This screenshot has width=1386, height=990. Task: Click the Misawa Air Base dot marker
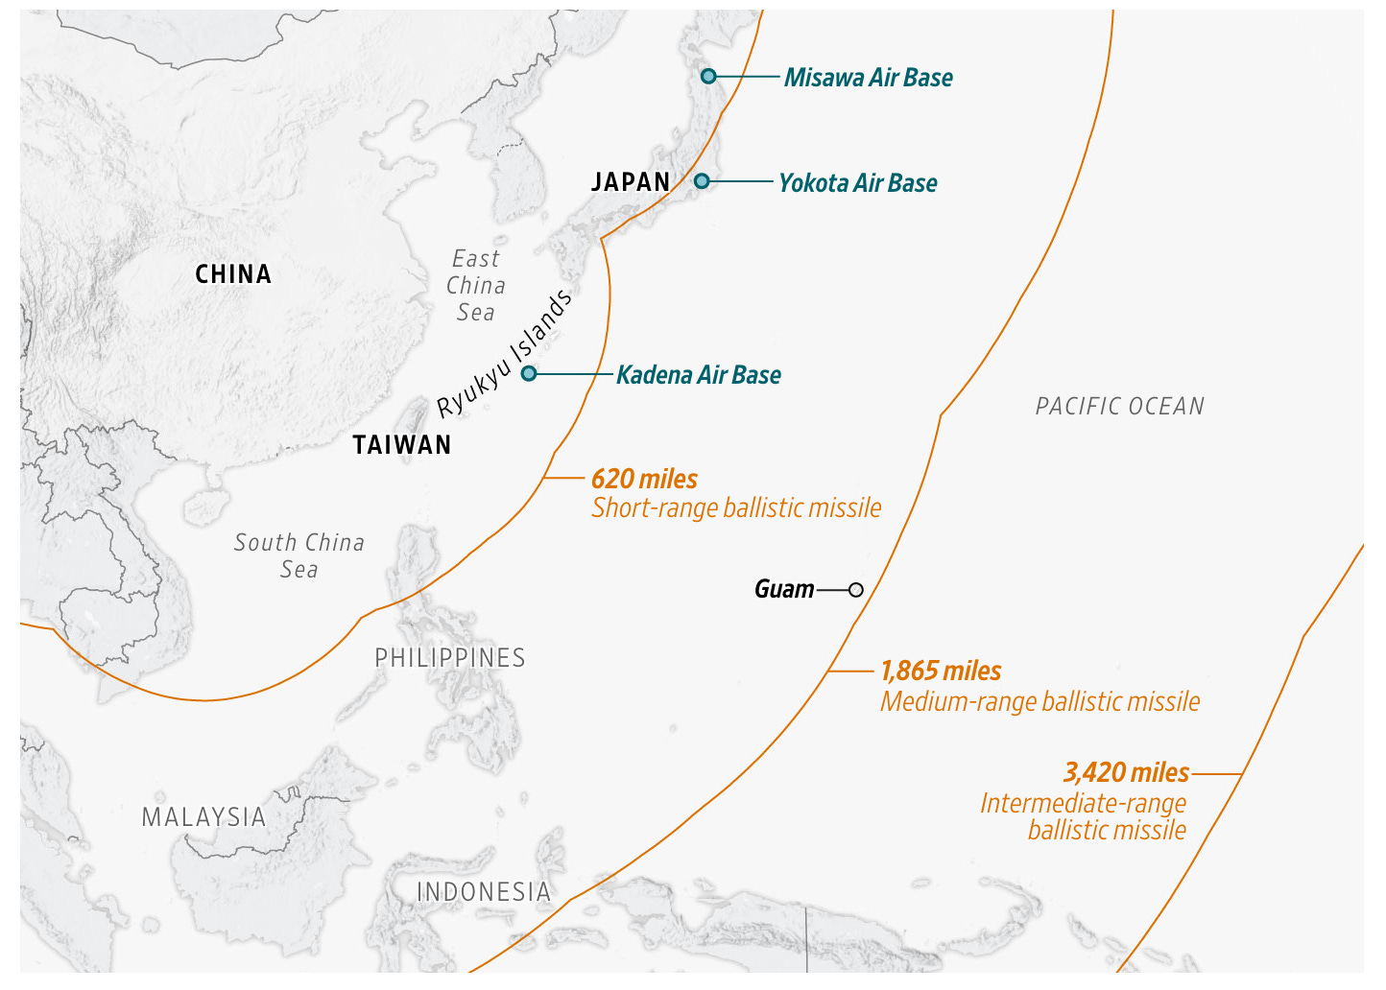(708, 76)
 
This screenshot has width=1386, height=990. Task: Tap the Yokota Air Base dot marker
(702, 180)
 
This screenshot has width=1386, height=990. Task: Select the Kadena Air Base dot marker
(528, 373)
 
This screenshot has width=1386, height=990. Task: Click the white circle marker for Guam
(856, 589)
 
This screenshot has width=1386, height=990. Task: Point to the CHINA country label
(233, 274)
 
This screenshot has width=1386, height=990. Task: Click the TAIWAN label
(401, 445)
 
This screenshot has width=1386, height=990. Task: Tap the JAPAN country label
(631, 182)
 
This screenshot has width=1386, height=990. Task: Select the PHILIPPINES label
(450, 658)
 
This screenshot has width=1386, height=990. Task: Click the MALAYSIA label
(203, 817)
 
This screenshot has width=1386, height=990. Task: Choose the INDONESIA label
(484, 892)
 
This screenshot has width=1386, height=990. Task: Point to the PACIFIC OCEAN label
(1119, 407)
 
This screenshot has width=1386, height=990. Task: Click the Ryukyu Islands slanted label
(505, 354)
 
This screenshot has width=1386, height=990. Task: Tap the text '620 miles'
(644, 479)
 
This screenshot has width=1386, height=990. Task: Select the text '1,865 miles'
(941, 672)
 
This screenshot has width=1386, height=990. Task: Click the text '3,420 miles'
(1126, 772)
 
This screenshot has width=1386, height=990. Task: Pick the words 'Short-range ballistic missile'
(735, 508)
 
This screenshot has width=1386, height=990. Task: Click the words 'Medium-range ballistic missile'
(1039, 702)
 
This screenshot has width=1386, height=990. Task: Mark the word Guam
(783, 589)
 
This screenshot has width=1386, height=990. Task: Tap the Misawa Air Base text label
(868, 78)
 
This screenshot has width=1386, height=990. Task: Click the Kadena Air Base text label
(698, 375)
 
